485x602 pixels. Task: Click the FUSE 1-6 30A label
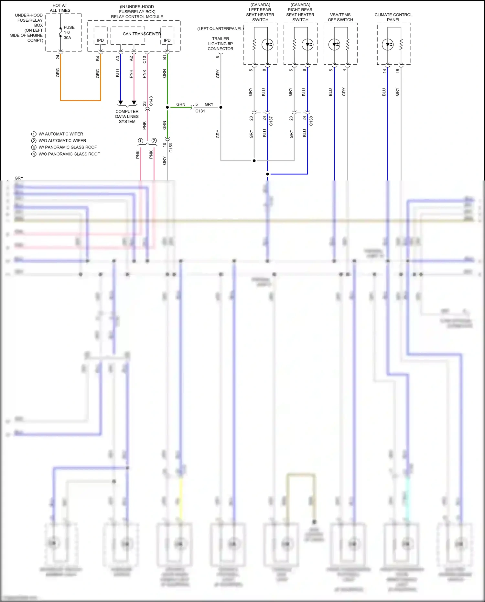tap(69, 32)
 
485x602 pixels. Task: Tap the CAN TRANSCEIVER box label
tap(142, 34)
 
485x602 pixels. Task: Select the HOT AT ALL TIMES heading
tap(60, 8)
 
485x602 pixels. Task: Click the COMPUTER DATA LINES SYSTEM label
tap(127, 116)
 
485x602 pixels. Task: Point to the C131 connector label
tap(200, 111)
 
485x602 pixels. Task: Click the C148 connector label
tap(151, 101)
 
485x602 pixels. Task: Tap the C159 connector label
tap(171, 148)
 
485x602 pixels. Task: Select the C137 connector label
tap(271, 121)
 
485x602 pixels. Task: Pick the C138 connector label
tap(311, 121)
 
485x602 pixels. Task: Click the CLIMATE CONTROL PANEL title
tap(393, 17)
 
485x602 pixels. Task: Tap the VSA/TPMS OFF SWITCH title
tap(340, 17)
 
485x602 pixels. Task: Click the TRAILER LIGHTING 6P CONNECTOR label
tap(221, 44)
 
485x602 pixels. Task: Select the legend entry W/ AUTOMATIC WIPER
tap(60, 134)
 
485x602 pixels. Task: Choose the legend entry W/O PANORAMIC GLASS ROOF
tap(69, 154)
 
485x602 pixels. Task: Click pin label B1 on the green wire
tap(165, 57)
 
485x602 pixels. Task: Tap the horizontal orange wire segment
tap(81, 101)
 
